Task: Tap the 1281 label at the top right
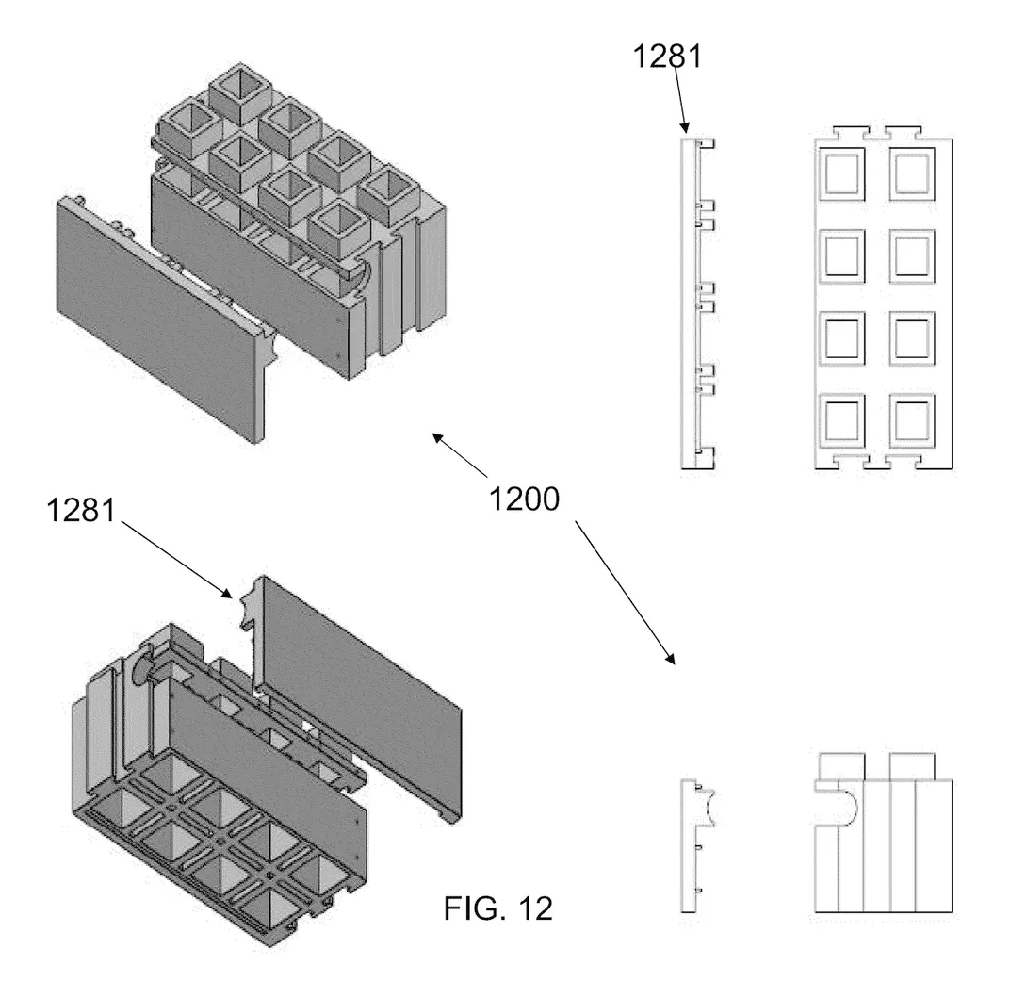pyautogui.click(x=668, y=57)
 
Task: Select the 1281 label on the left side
pyautogui.click(x=81, y=513)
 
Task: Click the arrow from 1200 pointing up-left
pyautogui.click(x=460, y=454)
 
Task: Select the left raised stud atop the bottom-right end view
pyautogui.click(x=838, y=765)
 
